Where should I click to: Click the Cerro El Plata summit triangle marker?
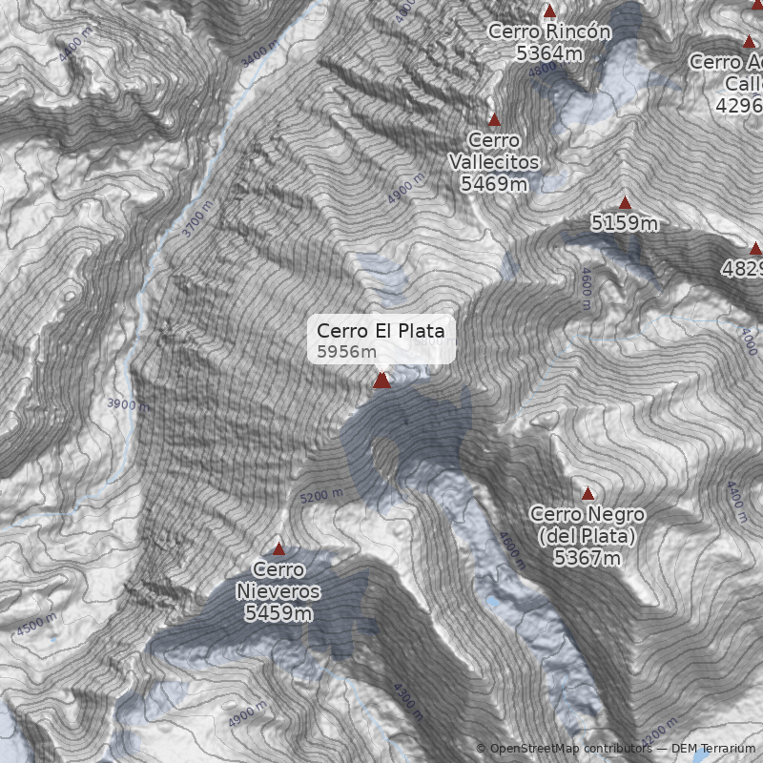point(381,381)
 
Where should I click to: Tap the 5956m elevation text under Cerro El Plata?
point(347,352)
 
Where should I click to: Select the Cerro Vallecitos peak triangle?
point(494,120)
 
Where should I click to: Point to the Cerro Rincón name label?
point(549,31)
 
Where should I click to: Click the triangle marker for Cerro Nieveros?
point(278,548)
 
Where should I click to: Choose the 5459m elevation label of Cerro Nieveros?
point(278,613)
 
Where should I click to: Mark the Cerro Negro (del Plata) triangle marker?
point(588,494)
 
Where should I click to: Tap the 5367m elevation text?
point(587,558)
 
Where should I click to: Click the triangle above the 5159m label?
point(625,203)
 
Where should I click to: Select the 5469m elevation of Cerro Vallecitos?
point(494,184)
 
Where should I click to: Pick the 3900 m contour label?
point(128,404)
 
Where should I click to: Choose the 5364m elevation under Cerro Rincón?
point(549,53)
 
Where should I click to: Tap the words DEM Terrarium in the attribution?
point(713,749)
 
